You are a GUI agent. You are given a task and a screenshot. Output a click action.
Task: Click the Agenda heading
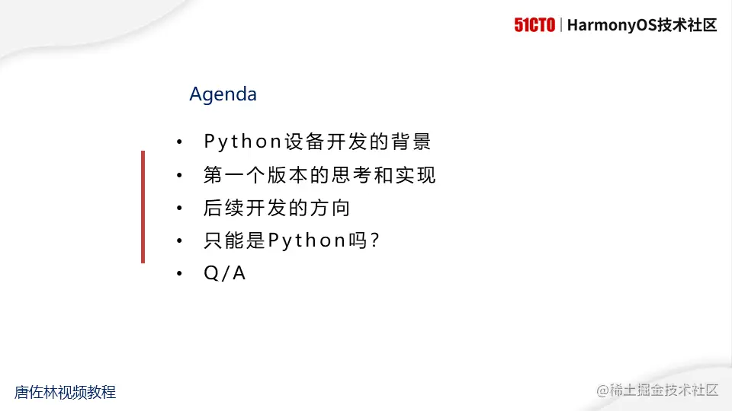pos(223,94)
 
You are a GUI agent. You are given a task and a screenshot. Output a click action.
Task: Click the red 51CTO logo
pos(535,25)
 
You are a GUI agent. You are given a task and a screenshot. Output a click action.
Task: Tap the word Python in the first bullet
pos(243,142)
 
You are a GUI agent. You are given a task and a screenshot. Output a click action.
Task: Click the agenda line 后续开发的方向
pos(277,208)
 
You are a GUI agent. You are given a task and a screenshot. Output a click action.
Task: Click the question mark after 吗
pos(374,241)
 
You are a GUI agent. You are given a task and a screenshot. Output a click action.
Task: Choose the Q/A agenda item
pos(225,274)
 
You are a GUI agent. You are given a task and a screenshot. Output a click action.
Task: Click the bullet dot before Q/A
pos(179,274)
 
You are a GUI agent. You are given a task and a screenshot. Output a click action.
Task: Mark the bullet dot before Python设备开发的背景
pos(179,142)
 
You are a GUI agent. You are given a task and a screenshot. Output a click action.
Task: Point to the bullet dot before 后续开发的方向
pos(179,209)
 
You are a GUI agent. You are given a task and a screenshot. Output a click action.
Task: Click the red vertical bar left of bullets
pos(143,207)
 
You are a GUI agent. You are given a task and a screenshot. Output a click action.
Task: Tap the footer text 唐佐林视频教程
pos(65,392)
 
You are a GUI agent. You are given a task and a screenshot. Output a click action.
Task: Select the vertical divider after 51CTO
pos(561,25)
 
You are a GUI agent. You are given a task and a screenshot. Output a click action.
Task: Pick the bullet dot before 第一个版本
pos(179,176)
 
